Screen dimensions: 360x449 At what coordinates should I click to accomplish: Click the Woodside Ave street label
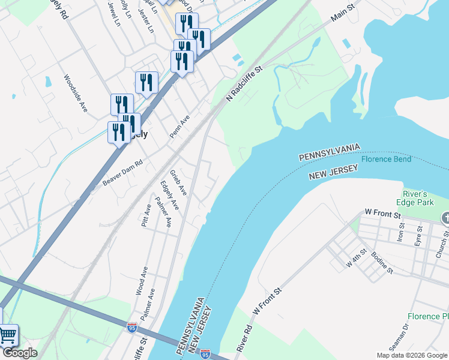tap(76, 94)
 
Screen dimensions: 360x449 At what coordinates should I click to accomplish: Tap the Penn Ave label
tap(179, 127)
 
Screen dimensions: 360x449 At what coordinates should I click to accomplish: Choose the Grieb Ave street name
tap(178, 182)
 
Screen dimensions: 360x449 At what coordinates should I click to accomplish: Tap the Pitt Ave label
tap(146, 215)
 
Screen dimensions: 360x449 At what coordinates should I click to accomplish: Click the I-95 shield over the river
tap(205, 355)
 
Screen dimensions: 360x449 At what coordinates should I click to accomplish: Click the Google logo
tap(20, 353)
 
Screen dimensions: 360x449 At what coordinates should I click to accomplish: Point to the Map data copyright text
tap(412, 355)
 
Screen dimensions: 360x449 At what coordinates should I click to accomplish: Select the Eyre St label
tap(418, 236)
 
